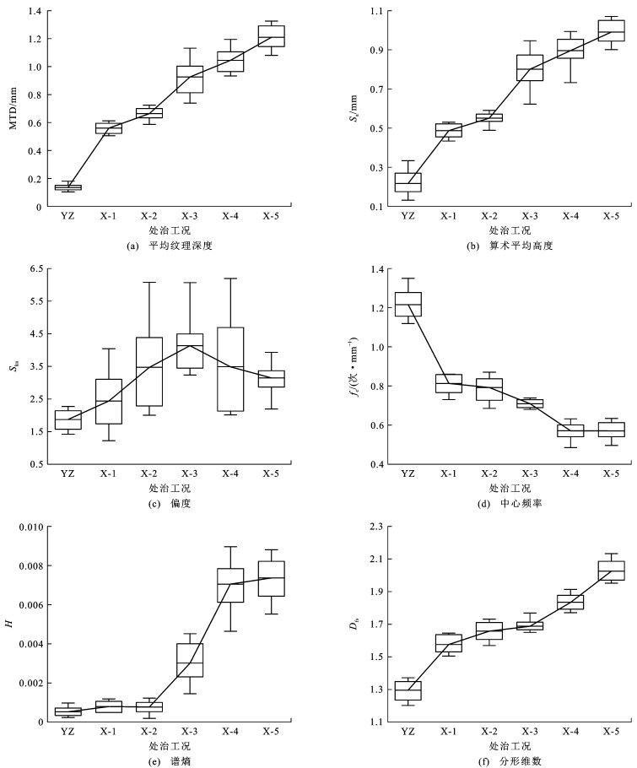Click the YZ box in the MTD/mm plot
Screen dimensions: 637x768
[x=68, y=187]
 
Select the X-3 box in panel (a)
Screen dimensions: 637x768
[x=190, y=79]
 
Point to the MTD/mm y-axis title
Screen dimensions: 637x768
[x=13, y=108]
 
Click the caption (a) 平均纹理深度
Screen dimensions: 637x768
[x=169, y=246]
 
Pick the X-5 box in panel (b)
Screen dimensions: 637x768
[x=611, y=30]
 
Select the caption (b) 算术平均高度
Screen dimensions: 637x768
[x=510, y=246]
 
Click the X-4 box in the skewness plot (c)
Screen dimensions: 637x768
[x=230, y=370]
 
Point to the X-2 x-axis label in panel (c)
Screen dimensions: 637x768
[x=149, y=473]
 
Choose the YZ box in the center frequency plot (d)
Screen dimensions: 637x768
[x=408, y=304]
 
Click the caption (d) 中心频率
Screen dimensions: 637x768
[x=510, y=503]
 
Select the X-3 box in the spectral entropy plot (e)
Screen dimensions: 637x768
[x=190, y=660]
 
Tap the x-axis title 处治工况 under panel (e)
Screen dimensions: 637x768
[x=170, y=746]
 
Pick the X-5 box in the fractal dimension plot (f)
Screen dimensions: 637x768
[x=611, y=571]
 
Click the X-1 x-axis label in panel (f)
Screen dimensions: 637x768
[x=449, y=731]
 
